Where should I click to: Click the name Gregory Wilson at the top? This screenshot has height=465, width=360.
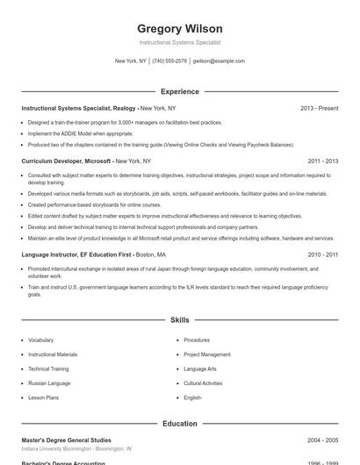[180, 29]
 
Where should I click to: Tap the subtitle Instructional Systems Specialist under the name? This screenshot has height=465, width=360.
[180, 42]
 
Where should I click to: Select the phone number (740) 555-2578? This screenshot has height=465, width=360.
[169, 61]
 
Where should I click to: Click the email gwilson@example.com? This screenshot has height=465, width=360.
[219, 61]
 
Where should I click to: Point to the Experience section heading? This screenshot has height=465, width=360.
[180, 91]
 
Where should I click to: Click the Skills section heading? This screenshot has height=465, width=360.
[180, 321]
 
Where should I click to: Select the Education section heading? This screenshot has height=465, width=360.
[180, 424]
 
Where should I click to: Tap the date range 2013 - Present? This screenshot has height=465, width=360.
[319, 108]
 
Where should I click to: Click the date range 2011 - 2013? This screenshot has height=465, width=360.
[323, 161]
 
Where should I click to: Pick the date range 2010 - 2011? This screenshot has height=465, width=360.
[323, 254]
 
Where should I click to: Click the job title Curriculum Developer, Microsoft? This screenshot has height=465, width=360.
[67, 161]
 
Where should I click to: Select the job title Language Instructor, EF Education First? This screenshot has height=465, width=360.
[77, 254]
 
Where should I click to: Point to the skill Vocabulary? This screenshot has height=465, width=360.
[40, 340]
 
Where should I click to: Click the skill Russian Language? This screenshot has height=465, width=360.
[49, 383]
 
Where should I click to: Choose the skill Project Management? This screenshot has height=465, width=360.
[207, 354]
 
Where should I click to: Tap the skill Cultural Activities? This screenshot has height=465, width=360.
[203, 383]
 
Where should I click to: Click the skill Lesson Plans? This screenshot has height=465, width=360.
[43, 397]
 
